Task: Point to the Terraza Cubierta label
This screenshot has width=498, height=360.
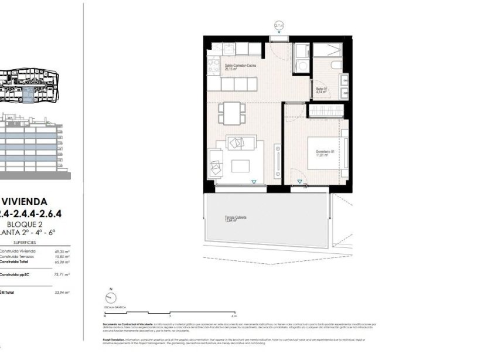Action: pos(235,218)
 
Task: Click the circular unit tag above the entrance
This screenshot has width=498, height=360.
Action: pos(279,25)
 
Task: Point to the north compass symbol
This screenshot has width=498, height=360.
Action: pos(108,296)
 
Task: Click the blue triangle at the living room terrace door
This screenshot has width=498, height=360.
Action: pos(254,182)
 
